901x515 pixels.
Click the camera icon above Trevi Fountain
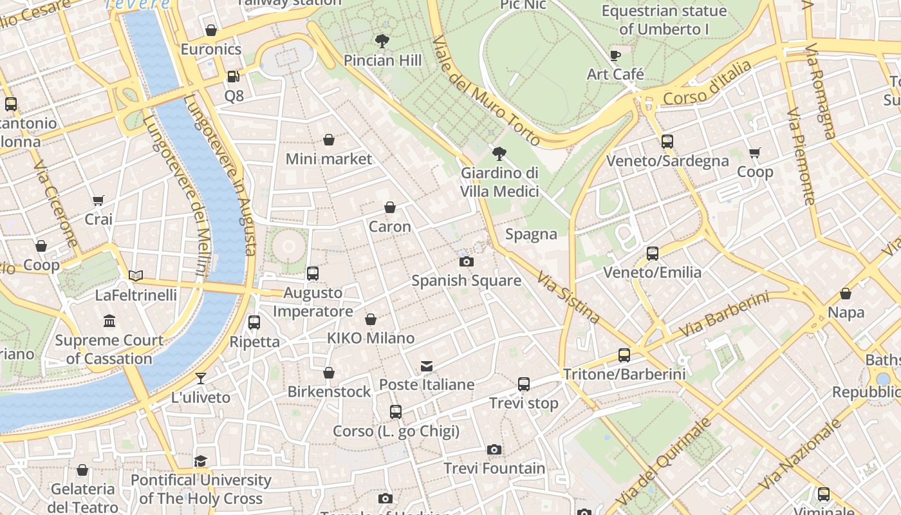coord(494,449)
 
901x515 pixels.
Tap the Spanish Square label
coord(466,281)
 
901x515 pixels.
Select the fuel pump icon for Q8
coord(234,77)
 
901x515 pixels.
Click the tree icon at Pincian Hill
coord(382,41)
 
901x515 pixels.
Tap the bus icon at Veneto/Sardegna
coord(667,142)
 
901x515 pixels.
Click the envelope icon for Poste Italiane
coord(426,366)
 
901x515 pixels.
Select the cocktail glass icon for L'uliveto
coord(201,379)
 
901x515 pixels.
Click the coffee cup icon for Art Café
coord(615,55)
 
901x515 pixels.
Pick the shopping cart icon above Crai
coord(98,201)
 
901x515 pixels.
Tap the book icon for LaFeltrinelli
coord(136,276)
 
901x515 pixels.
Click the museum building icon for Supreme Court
coord(109,321)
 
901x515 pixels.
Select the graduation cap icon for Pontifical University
coord(201,461)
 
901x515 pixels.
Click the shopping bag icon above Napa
coord(846,294)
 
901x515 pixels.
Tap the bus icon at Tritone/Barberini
coord(624,355)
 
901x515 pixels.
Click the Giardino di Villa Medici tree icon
coord(499,154)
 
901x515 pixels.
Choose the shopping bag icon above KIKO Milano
coord(371,319)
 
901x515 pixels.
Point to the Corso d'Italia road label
coord(707,84)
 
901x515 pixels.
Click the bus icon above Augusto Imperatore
coord(313,274)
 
